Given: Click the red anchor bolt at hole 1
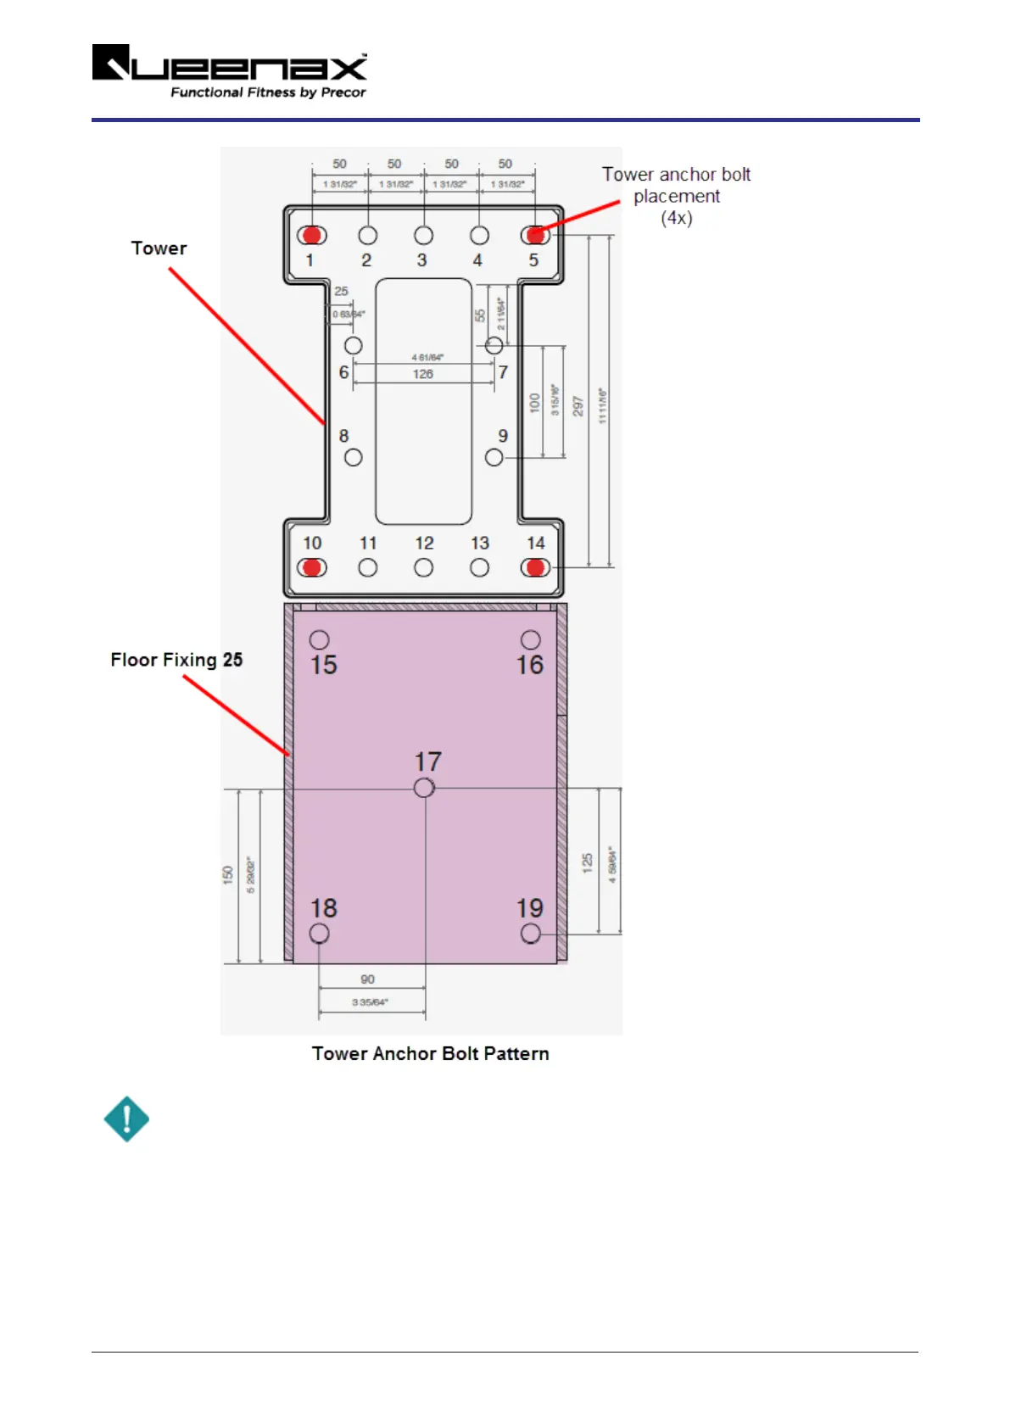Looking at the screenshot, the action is pyautogui.click(x=312, y=235).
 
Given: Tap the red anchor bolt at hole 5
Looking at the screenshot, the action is pyautogui.click(x=535, y=235).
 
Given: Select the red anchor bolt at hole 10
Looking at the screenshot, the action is pyautogui.click(x=312, y=567).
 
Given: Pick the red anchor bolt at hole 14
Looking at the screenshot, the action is pyautogui.click(x=535, y=567).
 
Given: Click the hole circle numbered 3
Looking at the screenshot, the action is pyautogui.click(x=423, y=235).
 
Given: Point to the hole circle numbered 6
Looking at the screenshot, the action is pyautogui.click(x=354, y=345).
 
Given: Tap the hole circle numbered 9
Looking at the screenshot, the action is pyautogui.click(x=494, y=457).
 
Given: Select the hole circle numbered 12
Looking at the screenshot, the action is pyautogui.click(x=423, y=567).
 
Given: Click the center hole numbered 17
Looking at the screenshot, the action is pyautogui.click(x=424, y=788).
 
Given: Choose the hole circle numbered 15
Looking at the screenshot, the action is pyautogui.click(x=319, y=639).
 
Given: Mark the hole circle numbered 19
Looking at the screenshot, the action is pyautogui.click(x=531, y=933).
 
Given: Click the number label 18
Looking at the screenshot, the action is pyautogui.click(x=323, y=908).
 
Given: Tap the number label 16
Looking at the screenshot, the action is pyautogui.click(x=530, y=665).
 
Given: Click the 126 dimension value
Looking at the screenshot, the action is pyautogui.click(x=423, y=374).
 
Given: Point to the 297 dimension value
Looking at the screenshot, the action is pyautogui.click(x=578, y=406).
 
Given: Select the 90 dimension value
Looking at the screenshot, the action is pyautogui.click(x=367, y=979).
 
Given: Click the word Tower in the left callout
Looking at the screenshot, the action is pyautogui.click(x=159, y=248).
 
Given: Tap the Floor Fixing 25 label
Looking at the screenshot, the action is pyautogui.click(x=176, y=660).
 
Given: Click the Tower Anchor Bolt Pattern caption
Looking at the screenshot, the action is pyautogui.click(x=430, y=1053).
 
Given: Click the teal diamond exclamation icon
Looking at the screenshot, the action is pyautogui.click(x=126, y=1119).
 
